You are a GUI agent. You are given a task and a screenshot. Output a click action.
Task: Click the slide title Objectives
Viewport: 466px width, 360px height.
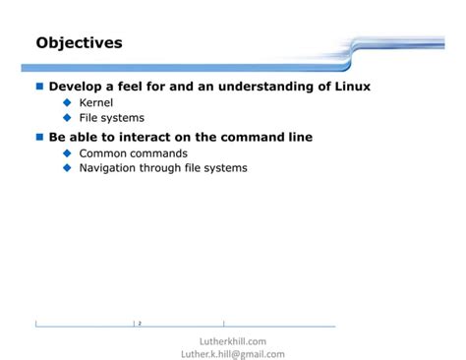[x=79, y=43]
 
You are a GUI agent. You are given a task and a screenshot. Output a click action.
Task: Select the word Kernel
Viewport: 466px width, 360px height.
[x=96, y=102]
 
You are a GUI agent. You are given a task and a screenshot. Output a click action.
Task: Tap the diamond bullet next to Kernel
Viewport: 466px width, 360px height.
[x=68, y=102]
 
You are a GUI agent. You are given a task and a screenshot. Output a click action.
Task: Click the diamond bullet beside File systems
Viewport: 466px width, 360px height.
[x=68, y=118]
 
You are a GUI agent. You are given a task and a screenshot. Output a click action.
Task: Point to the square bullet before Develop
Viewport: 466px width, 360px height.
[x=40, y=87]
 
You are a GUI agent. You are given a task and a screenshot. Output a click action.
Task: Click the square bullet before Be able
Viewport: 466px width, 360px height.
[x=40, y=137]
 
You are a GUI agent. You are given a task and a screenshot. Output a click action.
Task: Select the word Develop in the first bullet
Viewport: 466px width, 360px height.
[x=79, y=87]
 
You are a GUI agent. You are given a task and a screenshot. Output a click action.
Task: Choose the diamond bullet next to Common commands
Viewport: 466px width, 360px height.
[x=68, y=153]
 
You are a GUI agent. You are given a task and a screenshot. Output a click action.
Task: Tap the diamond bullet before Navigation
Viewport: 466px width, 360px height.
[x=68, y=168]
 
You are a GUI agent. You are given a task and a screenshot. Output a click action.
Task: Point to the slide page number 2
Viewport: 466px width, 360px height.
[x=140, y=323]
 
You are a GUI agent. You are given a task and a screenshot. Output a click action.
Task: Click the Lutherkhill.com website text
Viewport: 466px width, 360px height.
[x=233, y=340]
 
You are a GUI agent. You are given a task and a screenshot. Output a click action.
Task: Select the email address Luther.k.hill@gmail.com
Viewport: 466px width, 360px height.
[x=234, y=354]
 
